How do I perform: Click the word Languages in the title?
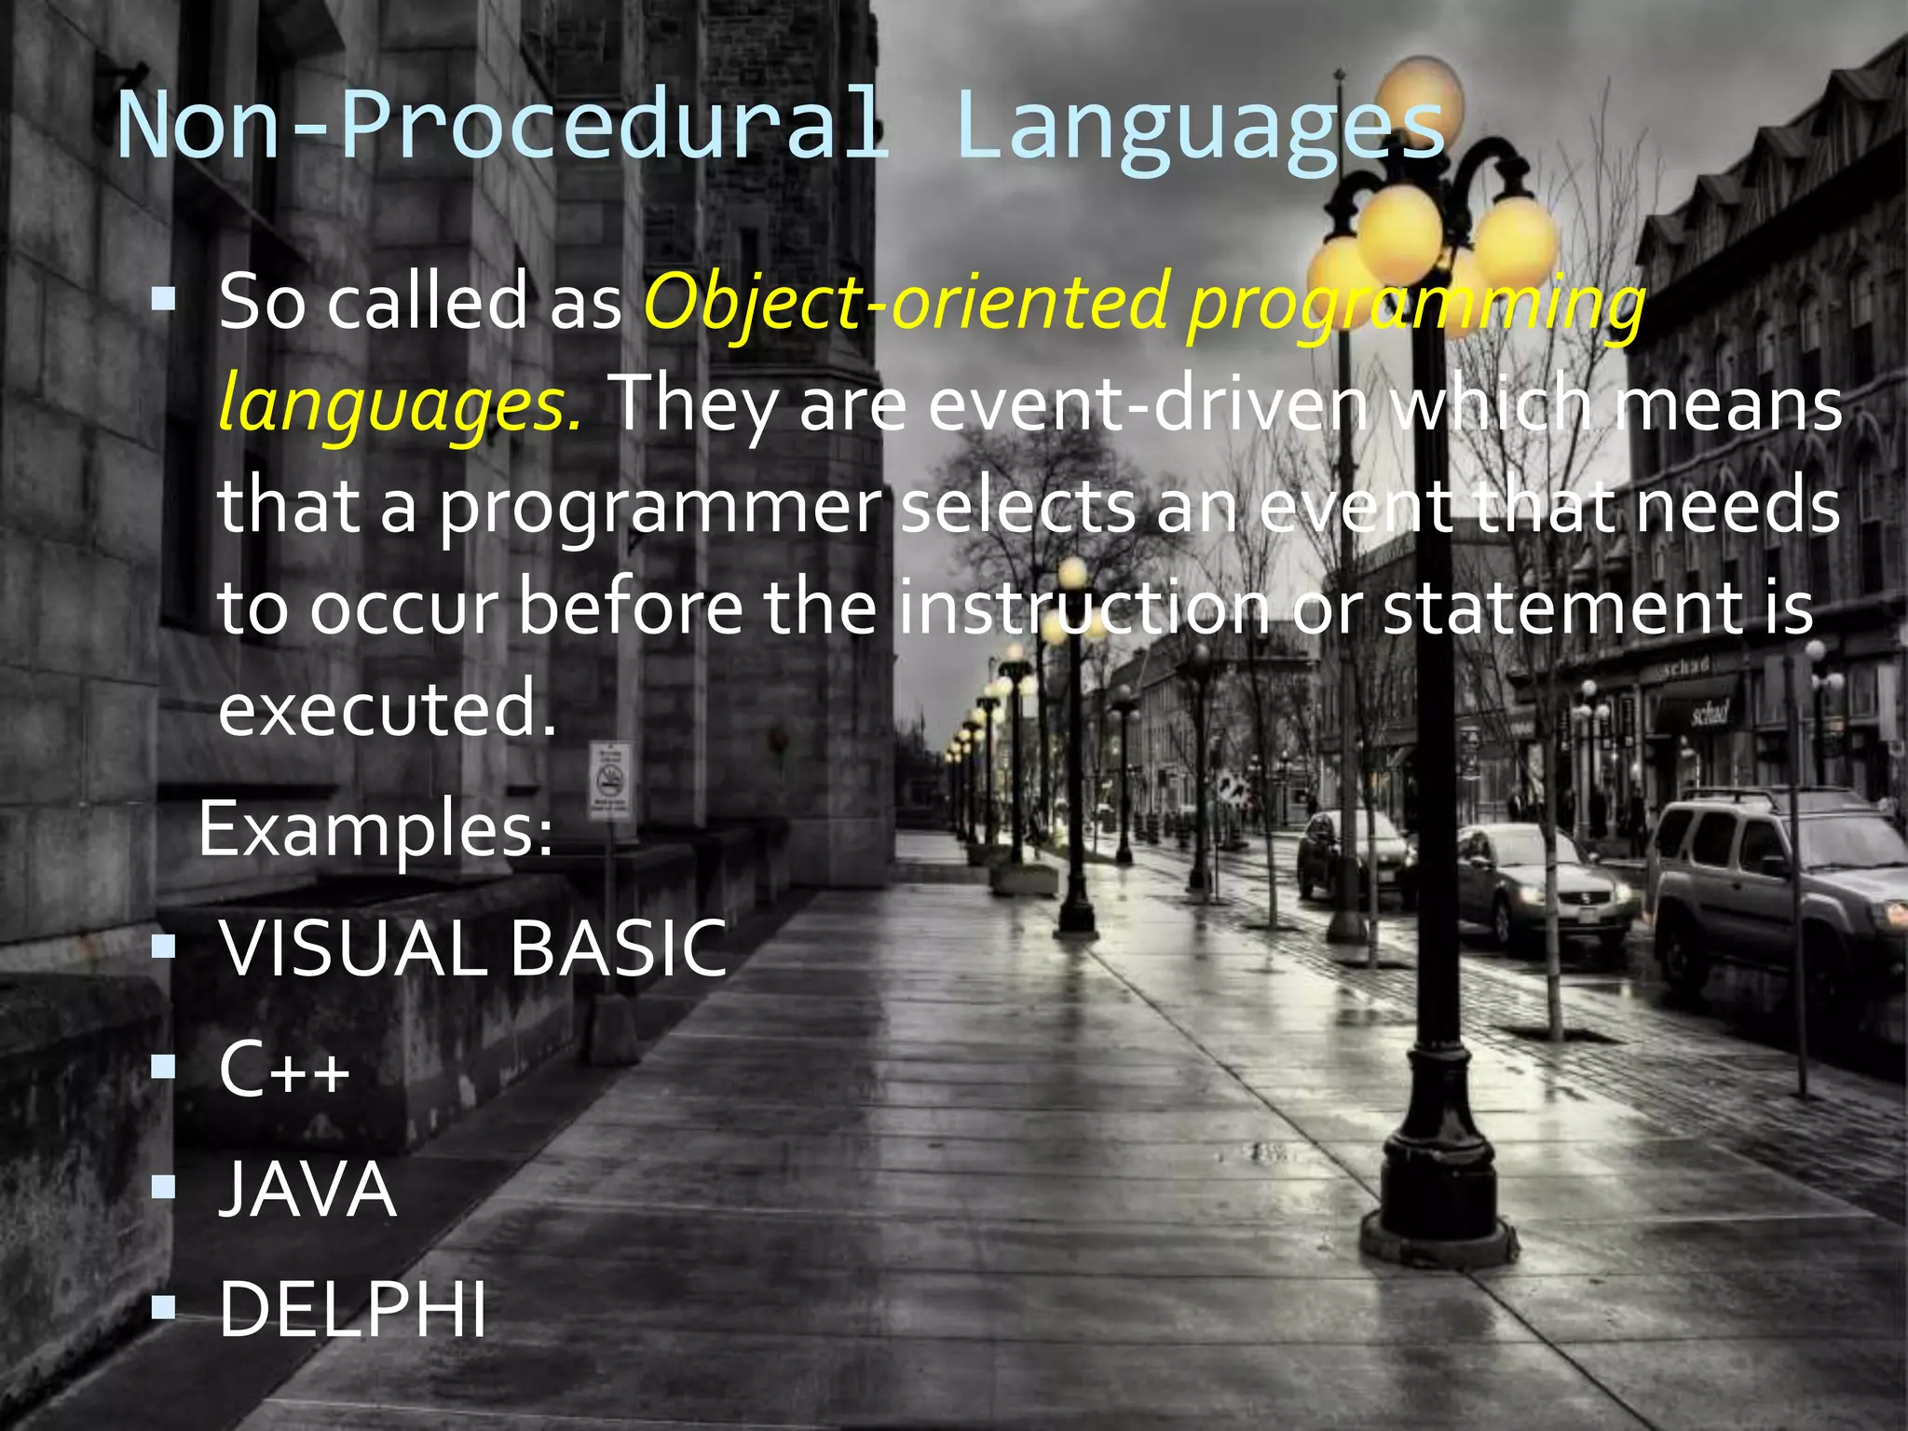1200,126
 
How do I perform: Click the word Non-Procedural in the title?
503,126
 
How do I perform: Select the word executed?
387,708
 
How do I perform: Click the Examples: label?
375,829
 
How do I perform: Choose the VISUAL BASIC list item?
472,948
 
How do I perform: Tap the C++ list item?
284,1070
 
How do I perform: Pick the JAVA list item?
307,1190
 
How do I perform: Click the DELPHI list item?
352,1309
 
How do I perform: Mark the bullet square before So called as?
163,299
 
